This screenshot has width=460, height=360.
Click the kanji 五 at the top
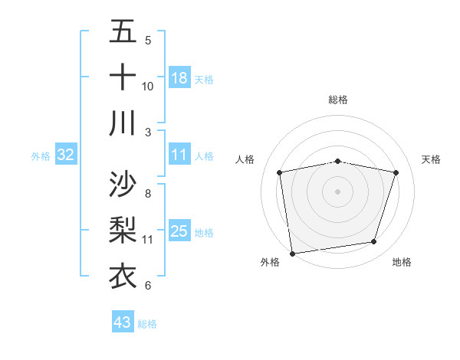tap(123, 32)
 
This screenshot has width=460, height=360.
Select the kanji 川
tap(123, 122)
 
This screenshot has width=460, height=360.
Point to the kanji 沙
tap(123, 185)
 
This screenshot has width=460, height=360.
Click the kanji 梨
tap(123, 231)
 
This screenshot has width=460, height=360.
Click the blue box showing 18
tap(179, 78)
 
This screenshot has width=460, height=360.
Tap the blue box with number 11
tap(179, 155)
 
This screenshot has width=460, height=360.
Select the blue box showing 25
tap(179, 232)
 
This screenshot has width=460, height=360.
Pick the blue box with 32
tap(66, 155)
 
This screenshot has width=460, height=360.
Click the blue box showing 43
tap(123, 322)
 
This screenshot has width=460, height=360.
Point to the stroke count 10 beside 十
tap(148, 87)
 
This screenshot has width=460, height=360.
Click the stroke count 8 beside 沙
tap(148, 193)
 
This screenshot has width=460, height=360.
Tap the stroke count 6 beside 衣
tap(148, 286)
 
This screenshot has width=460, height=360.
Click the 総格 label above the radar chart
tap(338, 100)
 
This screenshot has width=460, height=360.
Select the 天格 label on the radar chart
tap(431, 159)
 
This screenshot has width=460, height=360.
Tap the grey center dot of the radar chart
tap(338, 191)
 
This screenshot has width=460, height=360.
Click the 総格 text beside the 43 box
tap(147, 323)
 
